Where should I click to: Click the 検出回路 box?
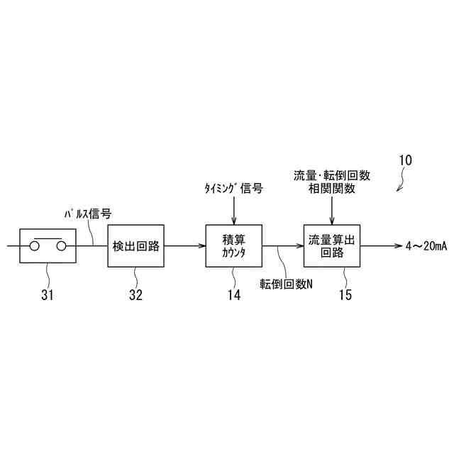pyautogui.click(x=135, y=246)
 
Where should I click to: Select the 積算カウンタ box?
pyautogui.click(x=233, y=246)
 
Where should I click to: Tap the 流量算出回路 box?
pyautogui.click(x=331, y=246)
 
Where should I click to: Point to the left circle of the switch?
pyautogui.click(x=33, y=247)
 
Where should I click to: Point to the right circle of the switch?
pyautogui.click(x=62, y=247)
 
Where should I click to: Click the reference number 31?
pyautogui.click(x=47, y=295)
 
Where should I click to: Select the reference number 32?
pyautogui.click(x=135, y=295)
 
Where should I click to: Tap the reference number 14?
pyautogui.click(x=233, y=295)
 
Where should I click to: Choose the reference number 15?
pyautogui.click(x=345, y=295)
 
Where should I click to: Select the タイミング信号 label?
pyautogui.click(x=233, y=189)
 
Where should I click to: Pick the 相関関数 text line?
pyautogui.click(x=331, y=188)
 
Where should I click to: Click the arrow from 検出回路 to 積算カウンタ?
pyautogui.click(x=184, y=246)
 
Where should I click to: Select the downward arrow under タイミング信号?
pyautogui.click(x=233, y=211)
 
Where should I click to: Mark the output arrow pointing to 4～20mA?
pyautogui.click(x=380, y=246)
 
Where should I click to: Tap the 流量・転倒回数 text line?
pyautogui.click(x=331, y=175)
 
